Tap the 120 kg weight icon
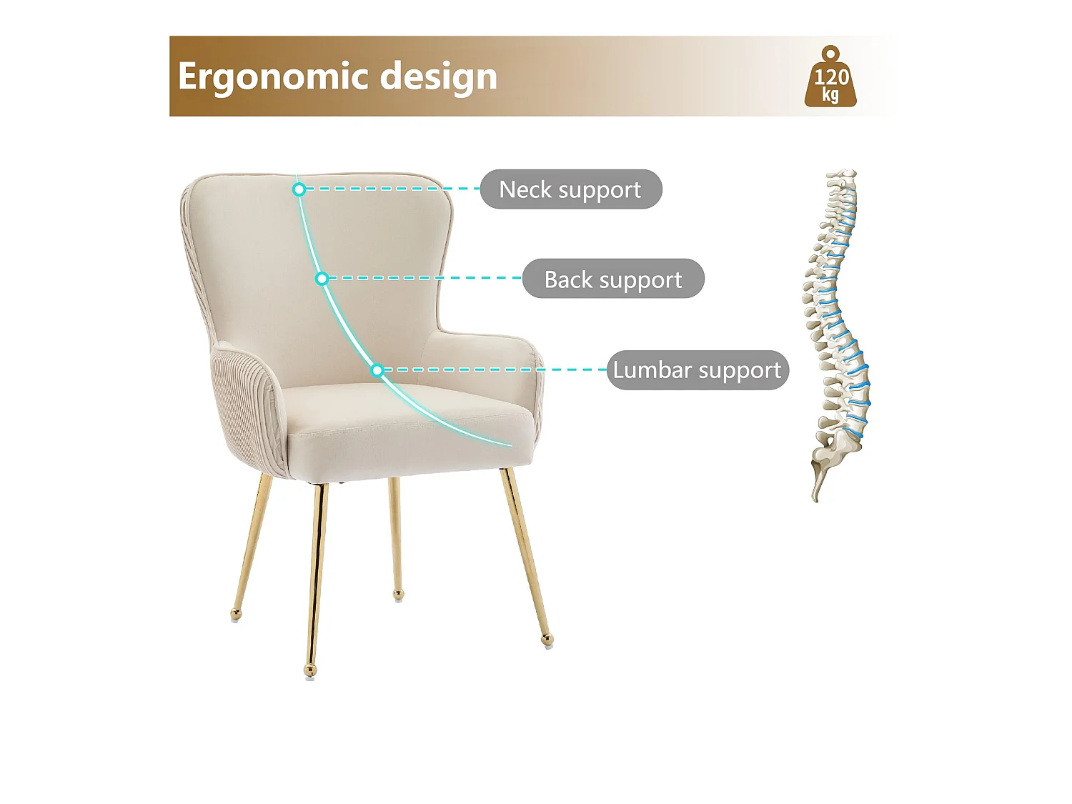(x=830, y=79)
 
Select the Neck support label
(x=570, y=189)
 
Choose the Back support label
(x=613, y=279)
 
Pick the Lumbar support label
(x=698, y=370)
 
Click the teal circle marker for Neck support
(x=299, y=189)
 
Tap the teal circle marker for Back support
(x=322, y=279)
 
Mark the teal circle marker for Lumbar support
(x=377, y=370)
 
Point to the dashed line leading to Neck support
(x=389, y=189)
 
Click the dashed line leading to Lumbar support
(x=493, y=369)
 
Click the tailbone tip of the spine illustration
(x=815, y=497)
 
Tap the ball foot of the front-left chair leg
(x=309, y=670)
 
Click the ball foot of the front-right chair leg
(x=547, y=639)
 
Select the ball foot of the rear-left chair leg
(x=236, y=613)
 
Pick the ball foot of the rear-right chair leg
(x=398, y=594)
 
